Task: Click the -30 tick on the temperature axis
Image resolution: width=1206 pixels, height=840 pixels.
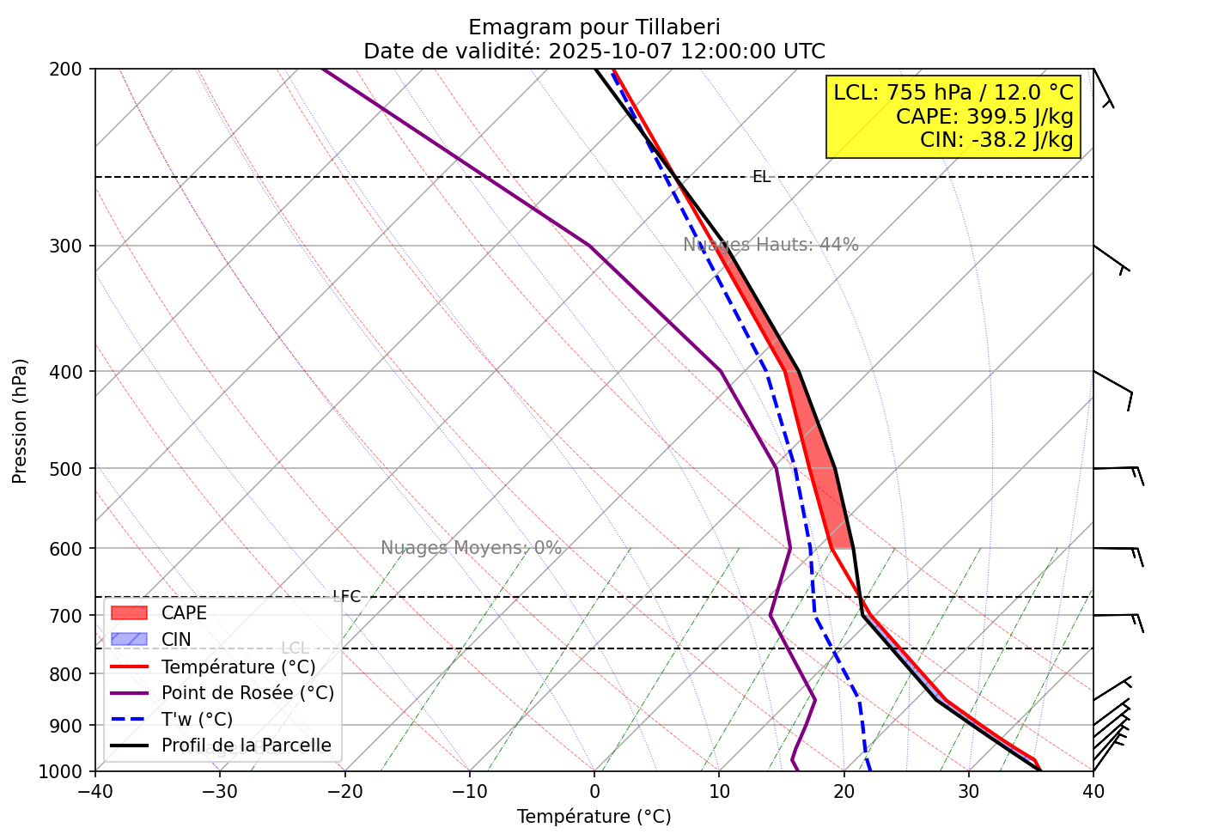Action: (219, 789)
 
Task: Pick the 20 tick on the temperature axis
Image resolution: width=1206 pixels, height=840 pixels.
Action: (844, 789)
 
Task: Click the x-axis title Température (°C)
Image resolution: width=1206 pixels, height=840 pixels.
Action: (594, 816)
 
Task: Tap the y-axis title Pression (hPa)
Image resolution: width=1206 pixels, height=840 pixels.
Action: (20, 421)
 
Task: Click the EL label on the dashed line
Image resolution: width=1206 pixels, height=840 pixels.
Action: (761, 177)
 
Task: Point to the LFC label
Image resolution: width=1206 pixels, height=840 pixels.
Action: (347, 596)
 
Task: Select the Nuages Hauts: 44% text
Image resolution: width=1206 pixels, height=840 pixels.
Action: (770, 245)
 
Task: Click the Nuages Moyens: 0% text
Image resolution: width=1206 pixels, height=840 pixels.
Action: (471, 548)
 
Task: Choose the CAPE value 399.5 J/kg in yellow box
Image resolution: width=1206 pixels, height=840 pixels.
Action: (1020, 116)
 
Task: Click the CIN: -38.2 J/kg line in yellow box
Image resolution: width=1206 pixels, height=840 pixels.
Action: (996, 139)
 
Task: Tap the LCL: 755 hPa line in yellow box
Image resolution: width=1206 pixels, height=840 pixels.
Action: (953, 92)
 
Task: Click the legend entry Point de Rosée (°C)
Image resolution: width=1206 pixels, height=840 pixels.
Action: (247, 693)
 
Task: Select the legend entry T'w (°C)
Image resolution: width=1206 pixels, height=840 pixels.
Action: (197, 720)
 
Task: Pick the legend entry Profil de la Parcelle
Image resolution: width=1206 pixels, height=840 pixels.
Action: (246, 746)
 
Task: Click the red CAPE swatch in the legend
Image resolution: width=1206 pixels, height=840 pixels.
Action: (130, 613)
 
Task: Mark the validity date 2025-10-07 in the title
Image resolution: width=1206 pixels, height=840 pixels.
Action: (612, 51)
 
